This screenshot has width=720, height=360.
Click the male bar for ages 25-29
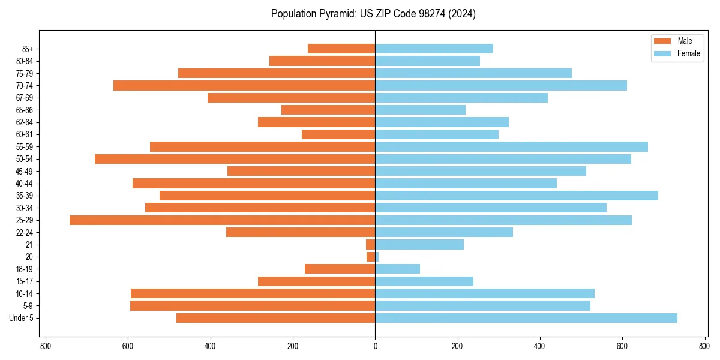222,220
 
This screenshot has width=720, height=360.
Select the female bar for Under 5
526,318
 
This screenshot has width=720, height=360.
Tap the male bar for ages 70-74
244,86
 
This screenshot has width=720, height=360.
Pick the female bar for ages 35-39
517,196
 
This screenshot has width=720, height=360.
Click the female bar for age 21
419,245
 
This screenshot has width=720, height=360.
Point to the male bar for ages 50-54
235,159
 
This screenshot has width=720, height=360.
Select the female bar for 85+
434,49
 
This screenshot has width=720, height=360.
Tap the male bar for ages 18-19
340,269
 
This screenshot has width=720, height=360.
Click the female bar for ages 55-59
511,147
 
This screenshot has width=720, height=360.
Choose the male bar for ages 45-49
301,171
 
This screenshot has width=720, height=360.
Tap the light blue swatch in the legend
662,53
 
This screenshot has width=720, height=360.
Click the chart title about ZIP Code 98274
373,14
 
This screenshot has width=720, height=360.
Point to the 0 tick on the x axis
375,346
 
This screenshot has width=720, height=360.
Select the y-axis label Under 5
21,318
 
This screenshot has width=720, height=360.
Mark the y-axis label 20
29,257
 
